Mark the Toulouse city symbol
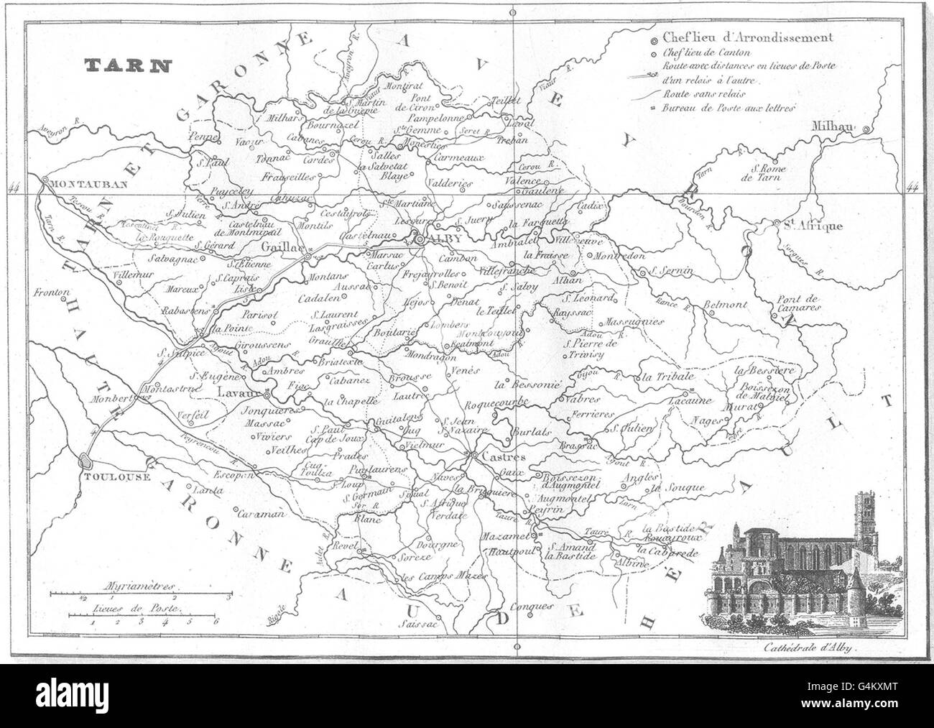pos(85,461)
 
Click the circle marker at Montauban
pos(45,181)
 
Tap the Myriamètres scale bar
pos(139,595)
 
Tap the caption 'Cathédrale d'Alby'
pos(808,648)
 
